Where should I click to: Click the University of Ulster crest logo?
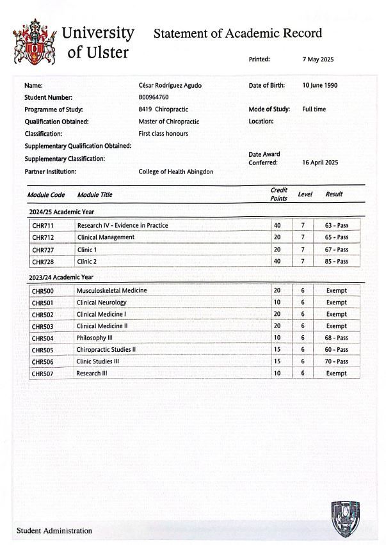34,42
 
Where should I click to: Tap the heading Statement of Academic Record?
237,33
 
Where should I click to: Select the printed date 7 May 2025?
318,59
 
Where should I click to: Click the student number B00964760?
154,97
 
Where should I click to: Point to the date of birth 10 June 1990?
319,85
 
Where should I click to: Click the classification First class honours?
163,134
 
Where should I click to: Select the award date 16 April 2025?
319,162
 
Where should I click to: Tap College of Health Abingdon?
176,171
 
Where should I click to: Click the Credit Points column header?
278,194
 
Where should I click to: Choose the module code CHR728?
42,262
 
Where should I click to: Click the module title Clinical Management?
106,237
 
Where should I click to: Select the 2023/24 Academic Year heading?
61,277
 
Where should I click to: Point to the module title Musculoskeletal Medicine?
111,290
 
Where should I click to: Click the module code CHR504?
42,338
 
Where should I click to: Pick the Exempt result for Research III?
336,373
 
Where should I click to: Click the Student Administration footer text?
54,530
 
